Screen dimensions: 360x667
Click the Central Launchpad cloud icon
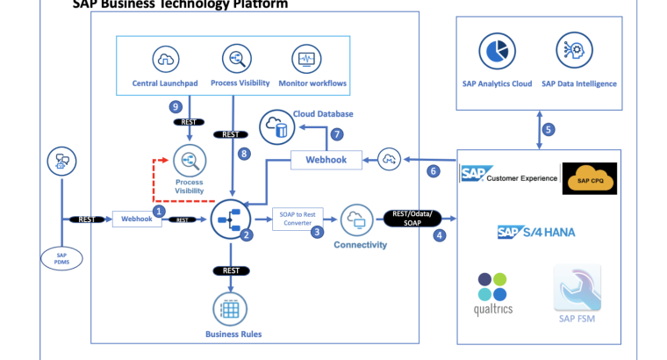(165, 60)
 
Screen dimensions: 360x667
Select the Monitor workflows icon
(306, 60)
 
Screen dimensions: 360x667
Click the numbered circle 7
(336, 134)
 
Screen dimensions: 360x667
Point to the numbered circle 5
(549, 129)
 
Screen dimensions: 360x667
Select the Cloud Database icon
(277, 127)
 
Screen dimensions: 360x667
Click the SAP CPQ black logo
(589, 178)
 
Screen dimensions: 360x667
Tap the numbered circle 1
(159, 211)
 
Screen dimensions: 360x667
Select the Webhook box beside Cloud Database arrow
(325, 160)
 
